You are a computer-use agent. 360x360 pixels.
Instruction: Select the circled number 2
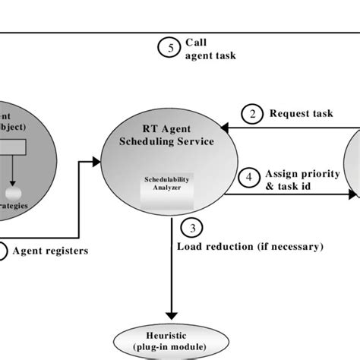[x=251, y=114]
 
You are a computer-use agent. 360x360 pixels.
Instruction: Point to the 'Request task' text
[x=301, y=114]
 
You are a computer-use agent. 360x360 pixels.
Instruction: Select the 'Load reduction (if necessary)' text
[x=250, y=247]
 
